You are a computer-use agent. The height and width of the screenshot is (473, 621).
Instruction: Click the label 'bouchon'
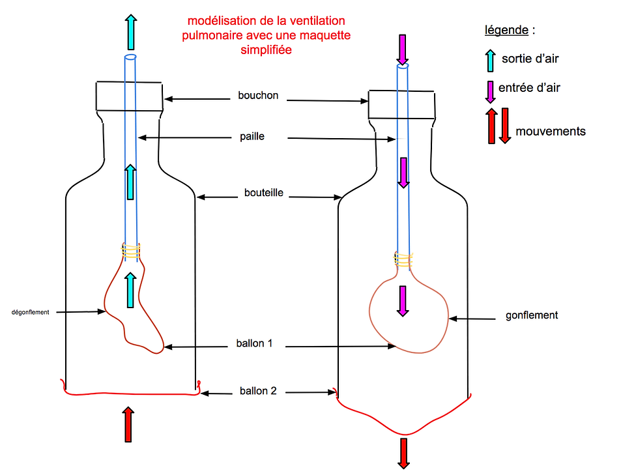(x=258, y=96)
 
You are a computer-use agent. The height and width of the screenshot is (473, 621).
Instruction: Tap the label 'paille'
(x=253, y=137)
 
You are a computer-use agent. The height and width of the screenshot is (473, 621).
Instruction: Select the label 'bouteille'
(x=263, y=193)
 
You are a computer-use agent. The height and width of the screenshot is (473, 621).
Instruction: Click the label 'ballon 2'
(x=258, y=391)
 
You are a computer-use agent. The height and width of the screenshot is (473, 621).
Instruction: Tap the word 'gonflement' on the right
(x=532, y=315)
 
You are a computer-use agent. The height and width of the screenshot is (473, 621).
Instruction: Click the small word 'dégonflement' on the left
(x=31, y=312)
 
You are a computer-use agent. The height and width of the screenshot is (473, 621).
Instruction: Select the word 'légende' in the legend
(x=507, y=30)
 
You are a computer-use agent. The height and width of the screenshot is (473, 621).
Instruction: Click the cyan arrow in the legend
(x=490, y=60)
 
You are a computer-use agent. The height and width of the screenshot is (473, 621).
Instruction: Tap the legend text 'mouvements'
(x=550, y=132)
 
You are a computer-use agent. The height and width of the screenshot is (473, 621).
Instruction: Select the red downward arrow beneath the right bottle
(x=403, y=452)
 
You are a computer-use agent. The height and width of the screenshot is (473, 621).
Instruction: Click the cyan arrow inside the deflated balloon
(x=131, y=290)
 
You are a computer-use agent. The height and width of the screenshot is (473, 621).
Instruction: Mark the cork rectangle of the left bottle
(x=130, y=96)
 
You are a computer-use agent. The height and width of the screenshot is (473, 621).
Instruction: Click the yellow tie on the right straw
(x=403, y=260)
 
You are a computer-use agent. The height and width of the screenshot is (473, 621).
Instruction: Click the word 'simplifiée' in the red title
(x=266, y=49)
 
